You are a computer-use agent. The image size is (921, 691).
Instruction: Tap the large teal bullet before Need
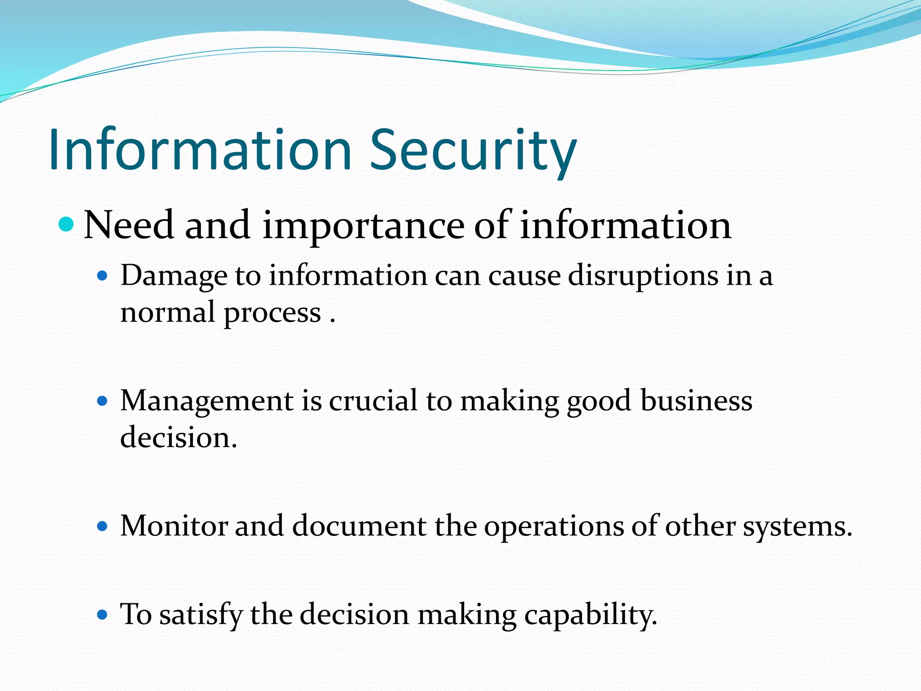(x=66, y=224)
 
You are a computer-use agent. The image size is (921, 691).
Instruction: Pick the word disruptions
(x=643, y=276)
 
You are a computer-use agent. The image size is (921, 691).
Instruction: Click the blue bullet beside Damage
(x=103, y=275)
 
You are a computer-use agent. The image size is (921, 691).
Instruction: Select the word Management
(x=207, y=401)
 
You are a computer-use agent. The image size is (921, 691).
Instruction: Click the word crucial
(x=373, y=401)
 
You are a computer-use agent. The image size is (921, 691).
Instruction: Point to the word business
(x=696, y=401)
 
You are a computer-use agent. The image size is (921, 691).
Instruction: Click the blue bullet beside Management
(x=103, y=400)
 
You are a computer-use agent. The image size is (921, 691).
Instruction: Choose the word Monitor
(x=174, y=525)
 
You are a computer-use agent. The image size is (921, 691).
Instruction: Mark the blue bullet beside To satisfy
(x=103, y=614)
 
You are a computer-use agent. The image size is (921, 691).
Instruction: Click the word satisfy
(x=201, y=615)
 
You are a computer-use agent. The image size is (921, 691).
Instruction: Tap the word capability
(x=587, y=615)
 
